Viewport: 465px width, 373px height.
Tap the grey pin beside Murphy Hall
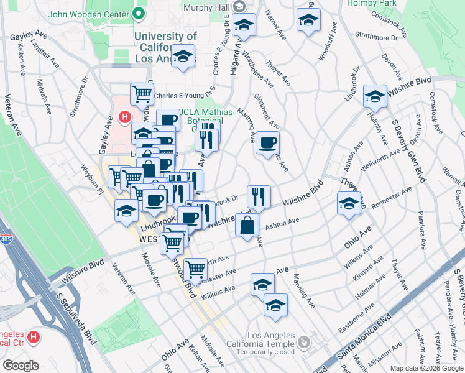[x=241, y=5]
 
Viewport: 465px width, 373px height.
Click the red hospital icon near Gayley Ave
[x=124, y=117]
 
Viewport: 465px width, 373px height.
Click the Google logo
[x=20, y=365]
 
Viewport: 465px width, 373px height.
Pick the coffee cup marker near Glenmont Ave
[x=267, y=142]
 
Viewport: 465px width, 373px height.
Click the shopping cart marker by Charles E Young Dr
[x=142, y=94]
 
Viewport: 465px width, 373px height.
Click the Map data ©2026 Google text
[x=427, y=368]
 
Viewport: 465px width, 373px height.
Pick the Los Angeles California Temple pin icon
[x=303, y=341]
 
